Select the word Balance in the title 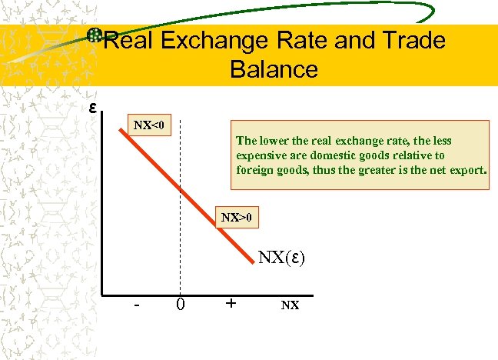(273, 69)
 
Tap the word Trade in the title (412, 41)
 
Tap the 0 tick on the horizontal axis (181, 305)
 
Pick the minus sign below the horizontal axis (136, 305)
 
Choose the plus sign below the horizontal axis (231, 303)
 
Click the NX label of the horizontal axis (290, 305)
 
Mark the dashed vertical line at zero (181, 246)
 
